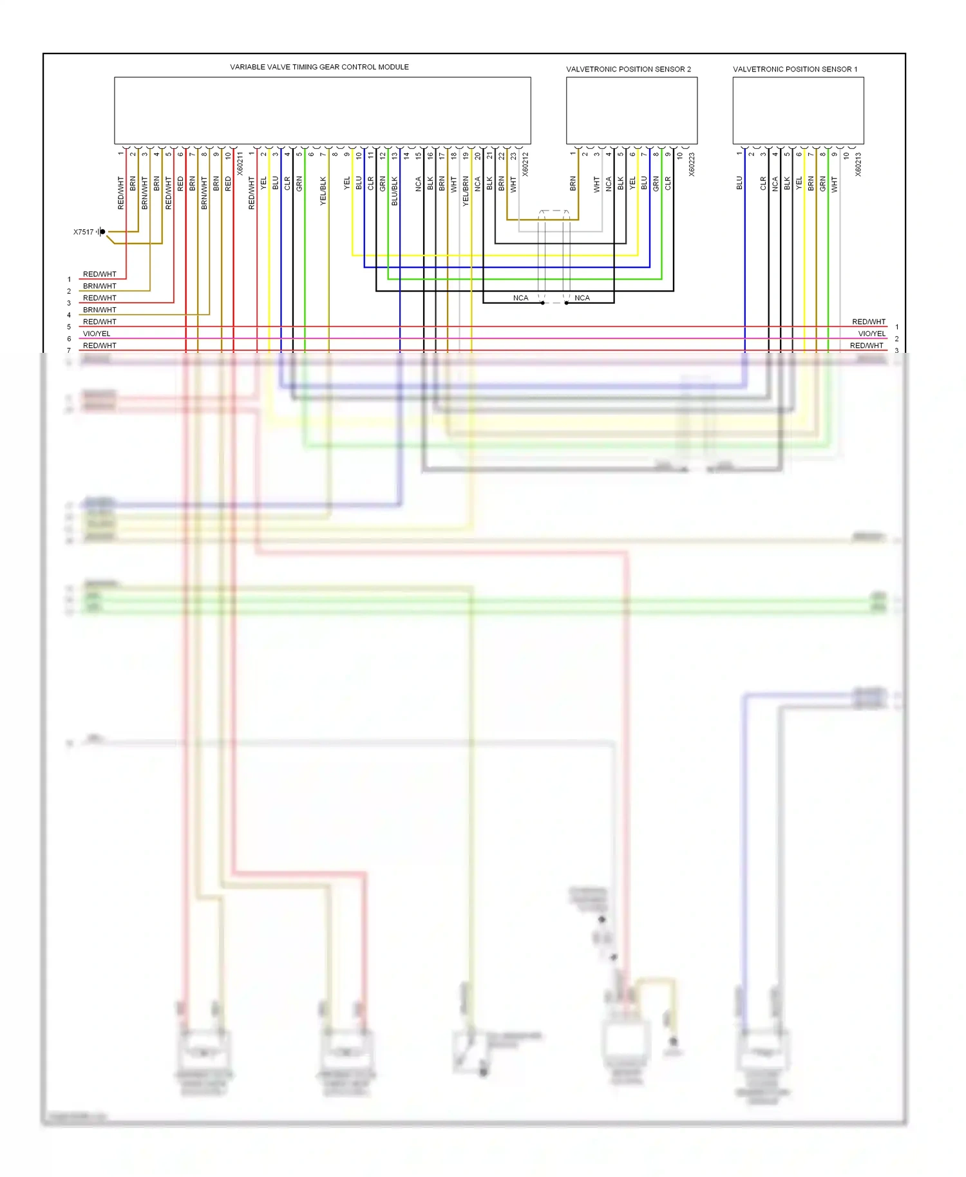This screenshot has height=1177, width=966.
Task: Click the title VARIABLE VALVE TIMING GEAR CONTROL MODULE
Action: tap(319, 67)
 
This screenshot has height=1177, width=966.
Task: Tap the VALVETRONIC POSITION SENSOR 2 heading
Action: tap(629, 69)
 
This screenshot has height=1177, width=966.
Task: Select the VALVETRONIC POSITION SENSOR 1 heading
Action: tap(795, 69)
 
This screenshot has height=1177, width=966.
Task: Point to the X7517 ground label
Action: tap(83, 232)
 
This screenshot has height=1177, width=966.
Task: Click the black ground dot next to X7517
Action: tap(102, 232)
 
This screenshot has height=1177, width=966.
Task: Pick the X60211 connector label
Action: tap(240, 164)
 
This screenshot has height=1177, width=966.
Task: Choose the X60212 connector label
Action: tap(526, 164)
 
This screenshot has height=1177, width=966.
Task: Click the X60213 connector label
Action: tap(858, 164)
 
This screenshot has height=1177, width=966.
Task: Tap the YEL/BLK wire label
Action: tap(323, 191)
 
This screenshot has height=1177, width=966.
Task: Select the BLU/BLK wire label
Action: tap(395, 191)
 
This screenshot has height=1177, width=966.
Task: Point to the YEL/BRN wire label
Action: tap(466, 191)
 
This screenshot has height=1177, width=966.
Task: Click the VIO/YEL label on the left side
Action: tap(97, 334)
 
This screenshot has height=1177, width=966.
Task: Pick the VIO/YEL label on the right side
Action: tap(871, 334)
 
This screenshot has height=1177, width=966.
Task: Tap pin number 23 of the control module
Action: tap(513, 155)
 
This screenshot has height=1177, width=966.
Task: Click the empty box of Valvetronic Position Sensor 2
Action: tap(632, 111)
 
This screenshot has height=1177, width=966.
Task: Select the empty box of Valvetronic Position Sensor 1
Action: tap(798, 111)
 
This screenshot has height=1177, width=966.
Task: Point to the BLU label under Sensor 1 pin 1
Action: tap(739, 184)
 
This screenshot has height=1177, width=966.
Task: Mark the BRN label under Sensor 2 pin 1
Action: tap(573, 184)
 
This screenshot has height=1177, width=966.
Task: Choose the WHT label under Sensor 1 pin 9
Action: tap(835, 185)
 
